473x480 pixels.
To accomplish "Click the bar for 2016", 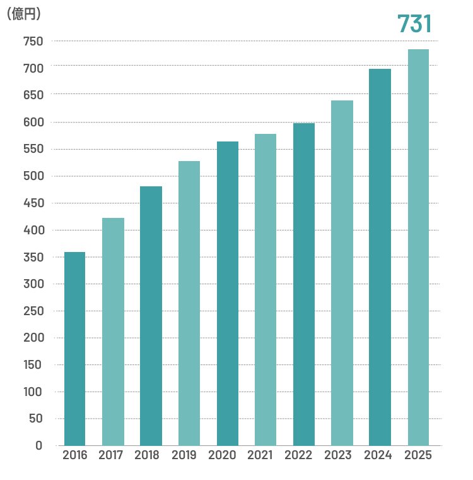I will [x=74, y=349].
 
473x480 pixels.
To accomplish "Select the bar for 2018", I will [x=151, y=316].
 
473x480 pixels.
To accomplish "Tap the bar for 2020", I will [x=228, y=293].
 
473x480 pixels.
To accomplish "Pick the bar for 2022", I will [x=304, y=284].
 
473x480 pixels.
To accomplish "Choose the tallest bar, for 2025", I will [x=418, y=247].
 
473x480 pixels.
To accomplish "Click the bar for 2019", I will [x=189, y=303].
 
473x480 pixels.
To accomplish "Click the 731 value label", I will [x=414, y=24].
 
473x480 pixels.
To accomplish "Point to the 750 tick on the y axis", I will [x=33, y=42].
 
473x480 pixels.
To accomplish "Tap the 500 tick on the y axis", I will [x=33, y=176].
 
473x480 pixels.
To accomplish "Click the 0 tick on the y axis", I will [x=39, y=445].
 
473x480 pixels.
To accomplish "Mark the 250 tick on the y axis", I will [x=33, y=311].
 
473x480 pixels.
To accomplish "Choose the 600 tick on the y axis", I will [x=33, y=123].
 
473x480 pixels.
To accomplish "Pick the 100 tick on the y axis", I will [x=33, y=392].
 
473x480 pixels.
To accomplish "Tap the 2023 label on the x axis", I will [x=341, y=455].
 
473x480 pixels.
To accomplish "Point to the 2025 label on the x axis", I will [x=418, y=455].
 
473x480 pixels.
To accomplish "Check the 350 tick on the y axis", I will [x=33, y=257].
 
